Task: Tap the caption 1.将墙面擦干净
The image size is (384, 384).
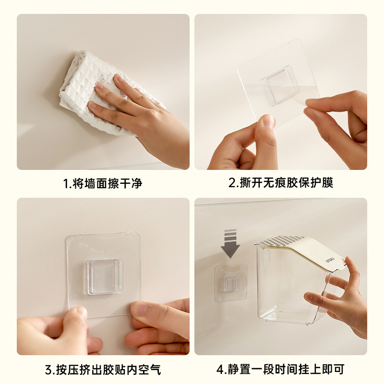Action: coord(103,183)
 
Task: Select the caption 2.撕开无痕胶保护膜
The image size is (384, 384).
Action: coord(281,183)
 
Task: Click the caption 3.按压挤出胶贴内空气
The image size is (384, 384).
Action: coord(103,370)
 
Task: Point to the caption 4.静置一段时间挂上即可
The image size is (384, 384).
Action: coord(281,370)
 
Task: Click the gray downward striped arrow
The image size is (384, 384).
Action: coord(230,243)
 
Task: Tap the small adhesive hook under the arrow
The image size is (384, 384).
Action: coord(231,283)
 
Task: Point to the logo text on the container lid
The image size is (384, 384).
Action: coord(330,260)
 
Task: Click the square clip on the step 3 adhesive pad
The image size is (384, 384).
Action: coord(105,277)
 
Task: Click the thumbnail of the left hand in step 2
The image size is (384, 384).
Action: coord(268,121)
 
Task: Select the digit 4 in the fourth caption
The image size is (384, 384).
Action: coord(220,370)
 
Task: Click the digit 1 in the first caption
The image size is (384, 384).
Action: coord(66,184)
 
